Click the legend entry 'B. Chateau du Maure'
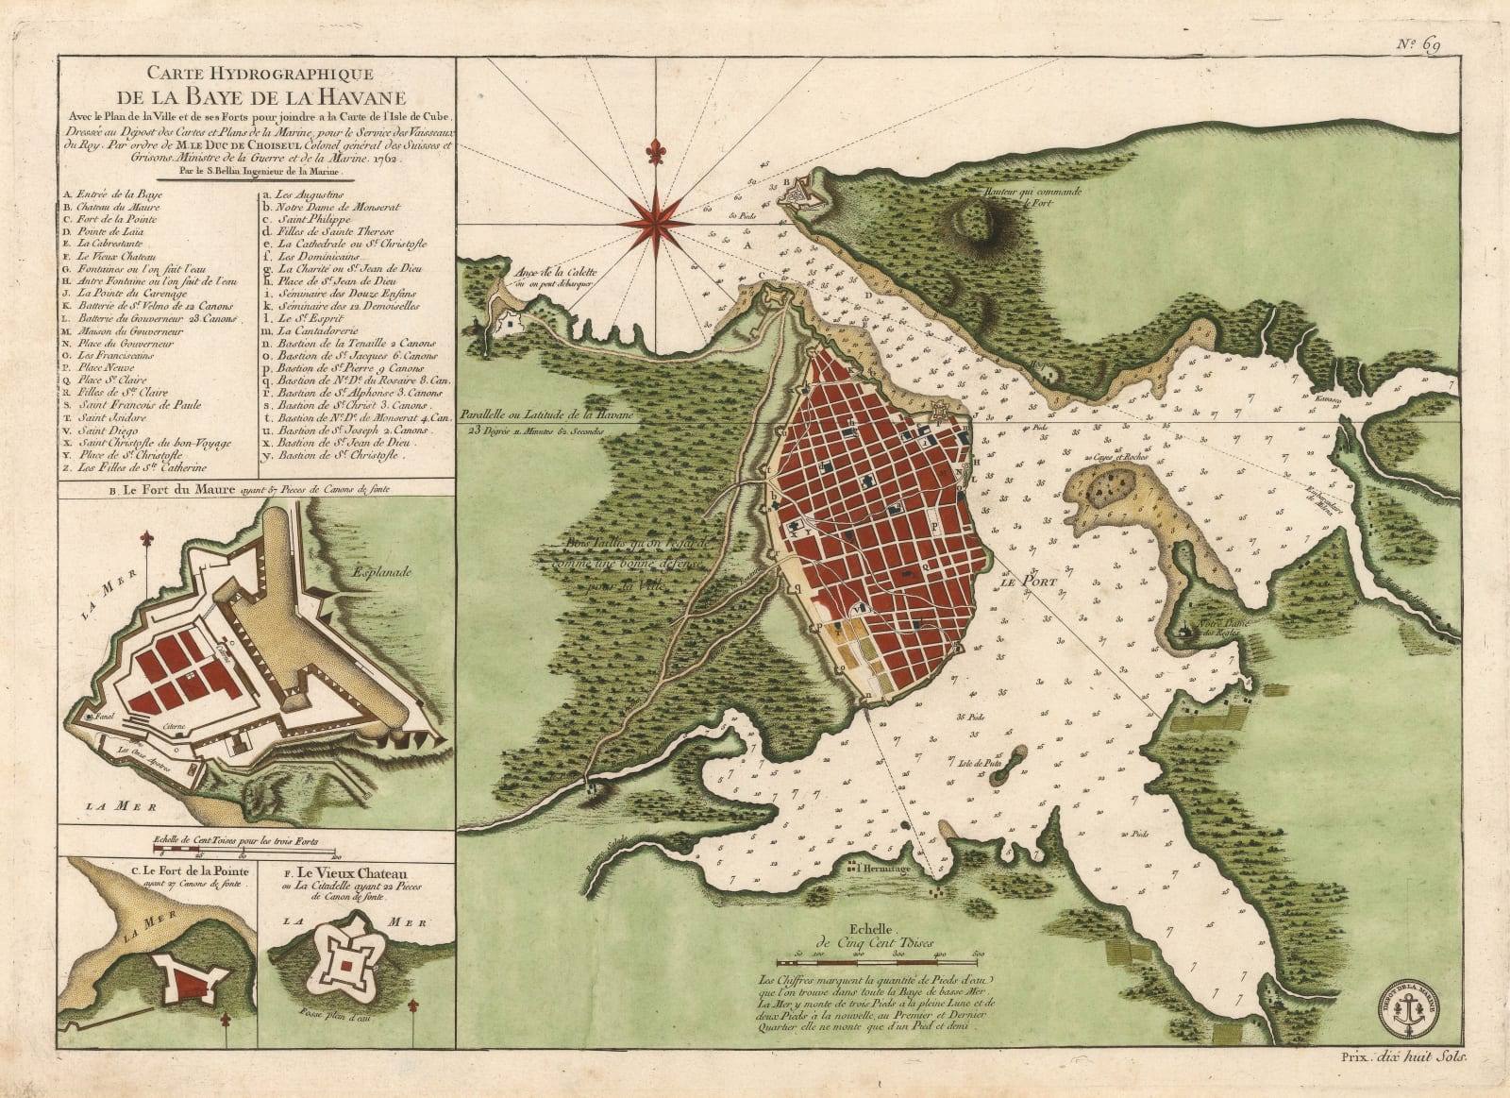(111, 207)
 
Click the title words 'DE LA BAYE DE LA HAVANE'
(260, 97)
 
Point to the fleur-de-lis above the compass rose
(653, 150)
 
